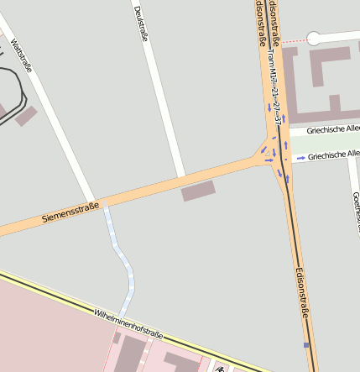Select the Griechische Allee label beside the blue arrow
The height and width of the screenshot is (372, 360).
(x=333, y=155)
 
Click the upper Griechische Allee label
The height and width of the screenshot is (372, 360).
(x=333, y=129)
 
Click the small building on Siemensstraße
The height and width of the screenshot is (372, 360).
(x=198, y=191)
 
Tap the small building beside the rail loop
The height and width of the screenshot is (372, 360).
(x=25, y=116)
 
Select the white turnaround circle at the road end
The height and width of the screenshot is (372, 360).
(x=314, y=38)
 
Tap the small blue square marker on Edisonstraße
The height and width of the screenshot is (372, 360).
(x=306, y=345)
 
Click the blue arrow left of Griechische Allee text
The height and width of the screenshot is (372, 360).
(x=300, y=157)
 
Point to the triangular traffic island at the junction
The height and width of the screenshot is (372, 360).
(x=275, y=156)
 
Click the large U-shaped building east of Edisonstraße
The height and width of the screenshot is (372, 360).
(x=320, y=84)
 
